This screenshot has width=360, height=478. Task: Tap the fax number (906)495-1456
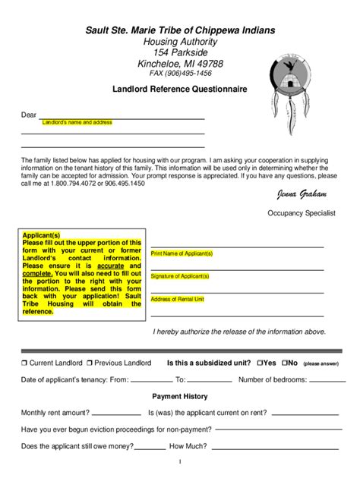click(180, 74)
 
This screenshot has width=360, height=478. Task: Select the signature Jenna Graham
click(301, 195)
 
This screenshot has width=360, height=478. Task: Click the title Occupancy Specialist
click(301, 214)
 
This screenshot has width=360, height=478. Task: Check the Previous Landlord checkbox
click(90, 363)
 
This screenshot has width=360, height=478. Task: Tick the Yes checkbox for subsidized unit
click(261, 363)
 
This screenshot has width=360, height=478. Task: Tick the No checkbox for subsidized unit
click(285, 363)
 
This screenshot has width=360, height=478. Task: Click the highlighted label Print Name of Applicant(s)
click(182, 253)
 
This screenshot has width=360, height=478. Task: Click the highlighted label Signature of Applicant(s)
click(180, 276)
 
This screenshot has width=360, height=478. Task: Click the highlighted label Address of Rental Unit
click(177, 299)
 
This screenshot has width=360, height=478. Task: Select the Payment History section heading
click(179, 396)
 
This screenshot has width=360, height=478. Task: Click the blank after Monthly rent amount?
click(116, 414)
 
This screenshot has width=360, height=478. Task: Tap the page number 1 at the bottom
click(179, 461)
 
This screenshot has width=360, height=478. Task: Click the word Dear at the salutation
click(28, 115)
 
